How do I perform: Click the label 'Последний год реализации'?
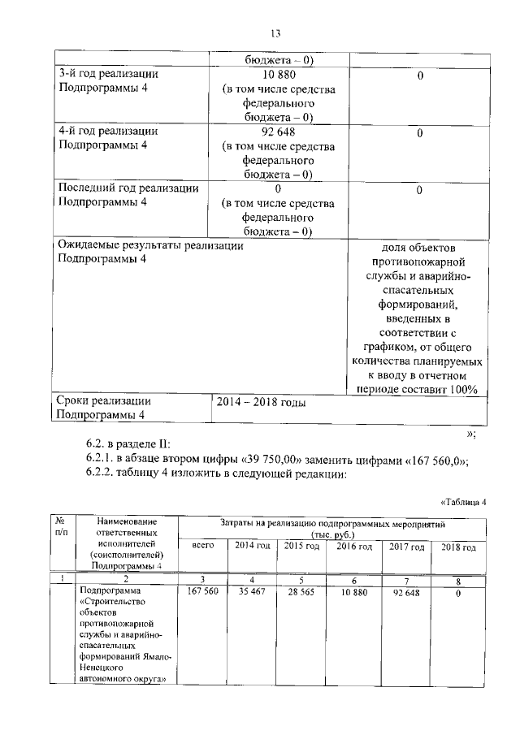pyautogui.click(x=129, y=188)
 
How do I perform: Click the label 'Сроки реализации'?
pyautogui.click(x=105, y=401)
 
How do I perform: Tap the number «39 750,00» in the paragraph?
pyautogui.click(x=255, y=460)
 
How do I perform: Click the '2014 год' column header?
pyautogui.click(x=252, y=547)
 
